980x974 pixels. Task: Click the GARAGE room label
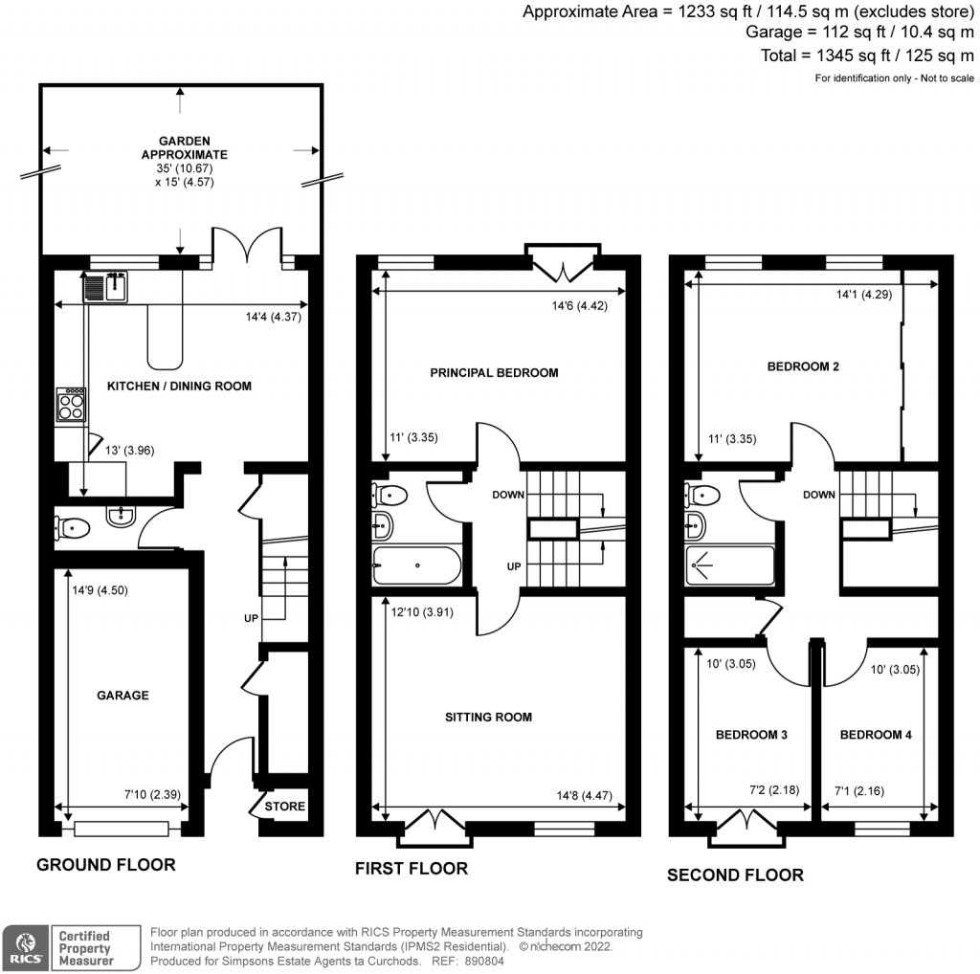tap(122, 696)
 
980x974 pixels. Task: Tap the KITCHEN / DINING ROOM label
tap(179, 387)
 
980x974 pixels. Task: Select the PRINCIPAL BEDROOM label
tap(494, 372)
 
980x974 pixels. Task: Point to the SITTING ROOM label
tap(488, 717)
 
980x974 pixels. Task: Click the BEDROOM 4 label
tap(876, 735)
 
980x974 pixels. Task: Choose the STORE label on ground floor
tap(285, 807)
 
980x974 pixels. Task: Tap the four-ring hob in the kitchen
tap(71, 407)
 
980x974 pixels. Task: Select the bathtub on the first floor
tap(416, 565)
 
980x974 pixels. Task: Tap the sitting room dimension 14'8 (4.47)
tap(584, 794)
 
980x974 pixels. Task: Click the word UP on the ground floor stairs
tap(251, 619)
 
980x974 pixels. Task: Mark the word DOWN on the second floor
tap(819, 495)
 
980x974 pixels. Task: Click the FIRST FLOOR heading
tap(412, 869)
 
